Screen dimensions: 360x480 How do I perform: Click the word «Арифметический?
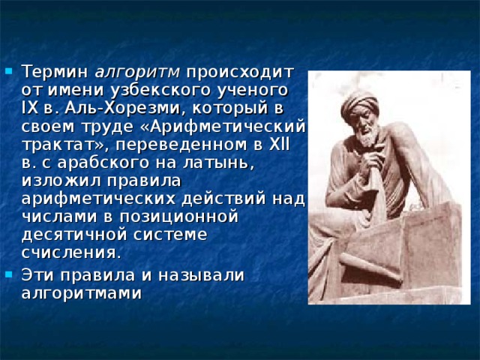coord(223,126)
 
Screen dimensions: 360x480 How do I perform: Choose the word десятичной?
coord(73,234)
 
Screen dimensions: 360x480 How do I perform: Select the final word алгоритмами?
coord(81,292)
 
